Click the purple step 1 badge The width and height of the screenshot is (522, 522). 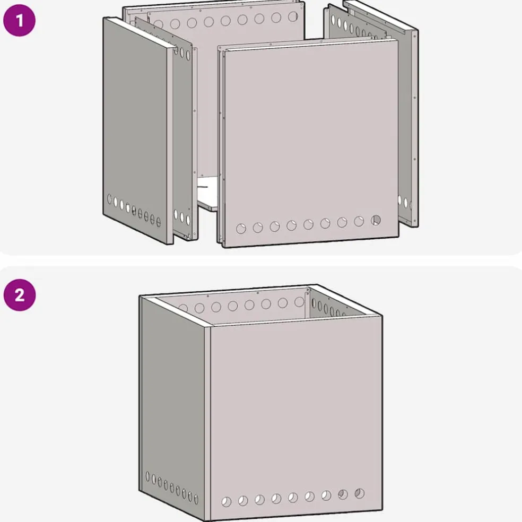click(x=19, y=20)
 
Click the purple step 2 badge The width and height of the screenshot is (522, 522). click(x=19, y=295)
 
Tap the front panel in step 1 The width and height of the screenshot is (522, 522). click(x=311, y=143)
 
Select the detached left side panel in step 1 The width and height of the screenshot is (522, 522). click(x=138, y=130)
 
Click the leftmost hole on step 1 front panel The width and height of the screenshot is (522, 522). click(x=241, y=229)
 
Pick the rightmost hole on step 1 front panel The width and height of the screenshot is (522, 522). click(x=376, y=220)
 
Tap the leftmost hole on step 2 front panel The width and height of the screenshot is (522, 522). click(x=227, y=502)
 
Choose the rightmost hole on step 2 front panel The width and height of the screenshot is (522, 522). click(x=360, y=493)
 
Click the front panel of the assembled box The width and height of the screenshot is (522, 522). click(x=297, y=418)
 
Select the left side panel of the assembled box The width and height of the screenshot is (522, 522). click(x=172, y=408)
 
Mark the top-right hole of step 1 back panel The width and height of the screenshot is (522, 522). click(x=293, y=16)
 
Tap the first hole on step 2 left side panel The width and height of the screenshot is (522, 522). click(x=148, y=476)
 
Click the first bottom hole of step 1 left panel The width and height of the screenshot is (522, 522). click(x=109, y=199)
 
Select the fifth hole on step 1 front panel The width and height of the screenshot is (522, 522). click(x=308, y=224)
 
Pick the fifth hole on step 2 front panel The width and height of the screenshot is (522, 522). click(x=293, y=498)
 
